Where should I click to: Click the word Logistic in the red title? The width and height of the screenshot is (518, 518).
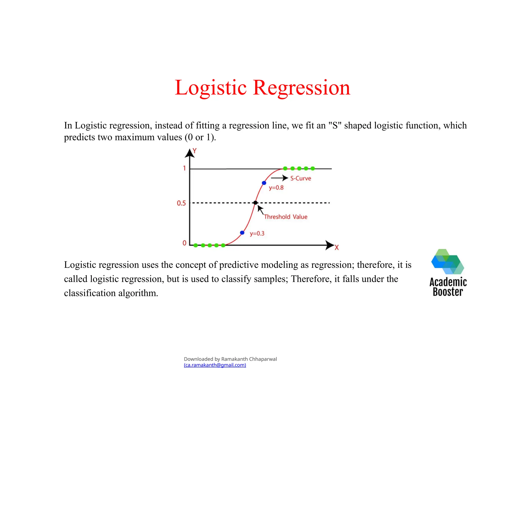(210, 88)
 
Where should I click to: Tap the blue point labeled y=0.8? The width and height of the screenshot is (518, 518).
(264, 183)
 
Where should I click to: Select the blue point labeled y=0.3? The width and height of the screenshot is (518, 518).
(242, 233)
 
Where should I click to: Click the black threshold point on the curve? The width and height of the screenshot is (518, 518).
(255, 203)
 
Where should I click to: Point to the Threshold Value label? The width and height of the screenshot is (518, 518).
(286, 217)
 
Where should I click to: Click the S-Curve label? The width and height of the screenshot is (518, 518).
(300, 178)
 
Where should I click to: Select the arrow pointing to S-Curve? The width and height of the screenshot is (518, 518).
(279, 178)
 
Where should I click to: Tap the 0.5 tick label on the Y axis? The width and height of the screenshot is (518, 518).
(181, 203)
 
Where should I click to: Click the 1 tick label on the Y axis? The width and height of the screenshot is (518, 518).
(184, 168)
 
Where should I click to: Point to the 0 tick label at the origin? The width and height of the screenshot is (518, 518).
(184, 243)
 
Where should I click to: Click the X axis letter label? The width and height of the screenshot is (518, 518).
(337, 247)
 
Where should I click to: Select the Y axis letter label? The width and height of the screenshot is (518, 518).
(195, 151)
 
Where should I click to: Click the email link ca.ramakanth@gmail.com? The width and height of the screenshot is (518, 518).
(215, 365)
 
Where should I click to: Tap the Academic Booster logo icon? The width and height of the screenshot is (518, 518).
(447, 262)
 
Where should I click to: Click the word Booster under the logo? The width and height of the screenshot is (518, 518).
(448, 292)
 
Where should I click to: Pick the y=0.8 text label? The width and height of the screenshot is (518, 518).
(276, 188)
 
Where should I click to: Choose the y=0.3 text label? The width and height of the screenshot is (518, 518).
(257, 233)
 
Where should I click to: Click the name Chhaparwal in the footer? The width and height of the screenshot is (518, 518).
(263, 359)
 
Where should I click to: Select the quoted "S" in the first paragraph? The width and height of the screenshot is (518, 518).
(335, 125)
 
